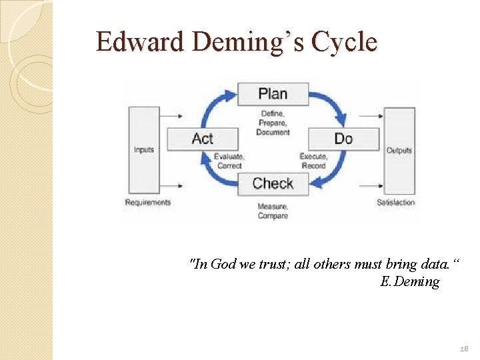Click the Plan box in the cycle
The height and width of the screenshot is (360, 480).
point(273,93)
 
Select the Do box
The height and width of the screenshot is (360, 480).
point(343,138)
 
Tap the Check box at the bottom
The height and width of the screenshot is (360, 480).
point(273,183)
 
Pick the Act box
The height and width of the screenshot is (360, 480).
point(202,138)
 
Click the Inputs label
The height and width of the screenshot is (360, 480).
point(143,149)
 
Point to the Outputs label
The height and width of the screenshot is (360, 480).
point(399,150)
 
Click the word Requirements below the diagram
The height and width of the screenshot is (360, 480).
point(148,202)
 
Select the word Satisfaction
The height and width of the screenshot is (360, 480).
point(395,202)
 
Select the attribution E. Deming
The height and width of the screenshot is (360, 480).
point(409,281)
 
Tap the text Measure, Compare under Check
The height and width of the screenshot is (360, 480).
point(273,211)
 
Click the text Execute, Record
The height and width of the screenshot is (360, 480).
point(313,161)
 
